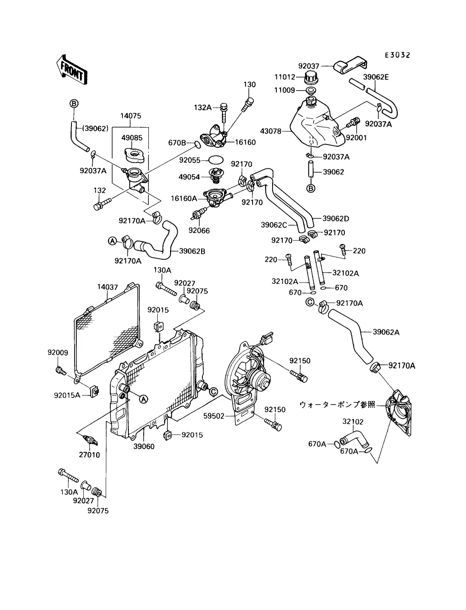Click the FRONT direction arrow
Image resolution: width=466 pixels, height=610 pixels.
(71, 69)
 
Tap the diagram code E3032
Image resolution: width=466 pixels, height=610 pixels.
(397, 55)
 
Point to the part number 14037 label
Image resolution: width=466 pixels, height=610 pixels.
(108, 287)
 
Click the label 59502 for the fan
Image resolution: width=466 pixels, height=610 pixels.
(214, 416)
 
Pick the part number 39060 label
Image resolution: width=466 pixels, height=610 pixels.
(144, 446)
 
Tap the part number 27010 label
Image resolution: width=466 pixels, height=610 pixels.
(89, 455)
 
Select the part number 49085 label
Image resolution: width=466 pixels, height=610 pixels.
(132, 138)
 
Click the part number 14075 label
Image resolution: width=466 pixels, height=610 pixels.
(131, 116)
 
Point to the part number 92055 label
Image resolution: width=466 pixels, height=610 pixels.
(189, 160)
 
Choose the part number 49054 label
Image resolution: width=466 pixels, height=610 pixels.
(189, 177)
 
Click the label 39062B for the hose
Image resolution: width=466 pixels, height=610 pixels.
(192, 251)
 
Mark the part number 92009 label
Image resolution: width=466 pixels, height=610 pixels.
(58, 352)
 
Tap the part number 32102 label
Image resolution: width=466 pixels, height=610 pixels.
(353, 422)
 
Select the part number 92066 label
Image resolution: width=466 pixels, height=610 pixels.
(199, 231)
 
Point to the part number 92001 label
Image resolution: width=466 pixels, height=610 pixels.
(356, 138)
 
